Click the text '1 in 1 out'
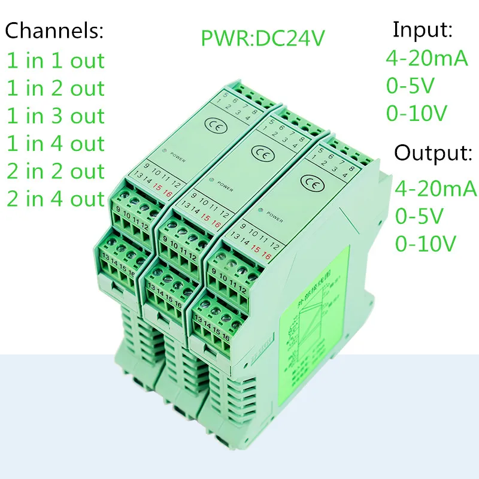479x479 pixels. click(x=55, y=61)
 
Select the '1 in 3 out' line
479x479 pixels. click(x=55, y=116)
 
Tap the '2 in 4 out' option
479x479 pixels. click(x=55, y=199)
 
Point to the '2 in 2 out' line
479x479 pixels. click(x=55, y=171)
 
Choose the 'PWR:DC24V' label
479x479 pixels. click(x=263, y=38)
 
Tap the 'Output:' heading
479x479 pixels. click(x=433, y=153)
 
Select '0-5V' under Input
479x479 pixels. click(x=409, y=86)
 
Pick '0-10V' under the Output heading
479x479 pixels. click(x=425, y=243)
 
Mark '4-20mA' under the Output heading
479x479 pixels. click(x=435, y=189)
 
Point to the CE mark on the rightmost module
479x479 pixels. click(x=311, y=181)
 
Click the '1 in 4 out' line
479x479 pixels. click(x=55, y=144)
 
